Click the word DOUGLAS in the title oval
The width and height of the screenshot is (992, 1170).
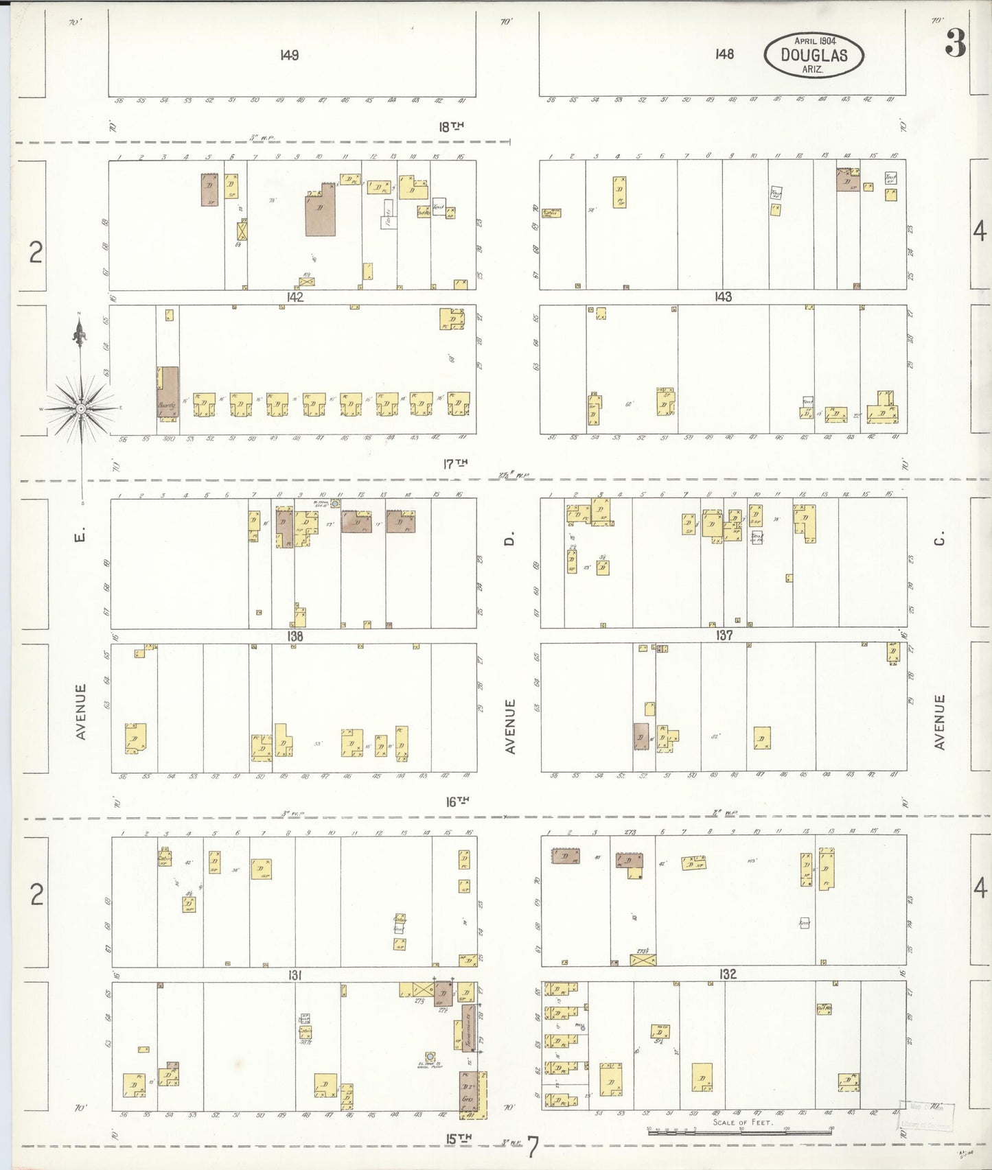814,55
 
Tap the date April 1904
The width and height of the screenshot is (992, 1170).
814,40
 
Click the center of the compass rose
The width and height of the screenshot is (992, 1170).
81,408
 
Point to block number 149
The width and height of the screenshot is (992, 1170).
289,56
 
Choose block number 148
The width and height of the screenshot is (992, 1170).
724,54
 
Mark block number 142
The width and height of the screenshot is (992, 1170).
295,297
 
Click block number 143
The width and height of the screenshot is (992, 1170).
723,297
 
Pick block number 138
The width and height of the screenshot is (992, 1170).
295,636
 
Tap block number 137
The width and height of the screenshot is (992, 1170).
724,635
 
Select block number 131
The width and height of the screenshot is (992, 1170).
295,975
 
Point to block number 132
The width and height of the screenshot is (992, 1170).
728,974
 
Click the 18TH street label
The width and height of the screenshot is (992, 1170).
451,126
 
